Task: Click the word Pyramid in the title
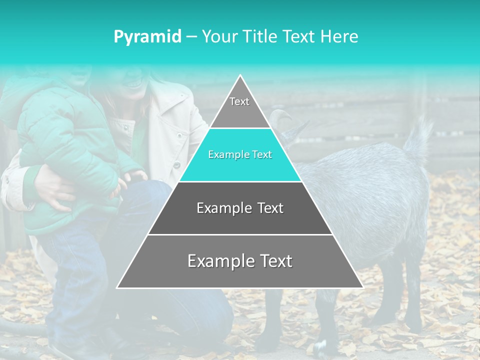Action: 147,37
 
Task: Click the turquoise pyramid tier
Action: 240,155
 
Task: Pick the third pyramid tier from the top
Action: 240,208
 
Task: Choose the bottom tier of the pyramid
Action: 240,261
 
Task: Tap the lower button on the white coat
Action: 176,164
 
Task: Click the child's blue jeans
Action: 75,280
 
